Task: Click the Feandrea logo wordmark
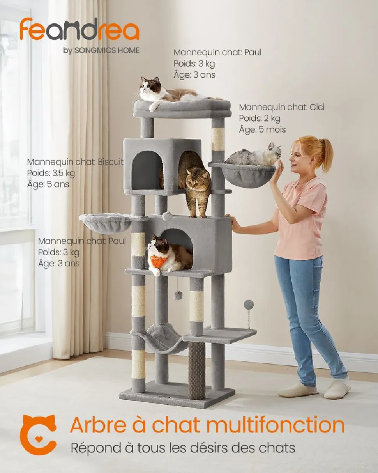(x=79, y=31)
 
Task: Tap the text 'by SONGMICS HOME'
(x=101, y=51)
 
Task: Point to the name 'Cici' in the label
(x=317, y=107)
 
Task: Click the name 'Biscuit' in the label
(x=111, y=162)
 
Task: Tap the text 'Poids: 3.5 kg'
(x=51, y=173)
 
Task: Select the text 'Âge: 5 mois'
(x=262, y=129)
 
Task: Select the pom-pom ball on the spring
(x=248, y=305)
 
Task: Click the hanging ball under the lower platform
(x=177, y=296)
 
